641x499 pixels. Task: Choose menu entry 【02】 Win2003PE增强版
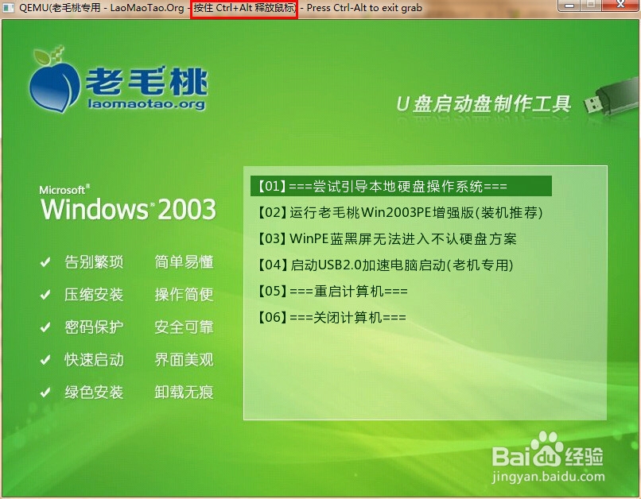coord(400,212)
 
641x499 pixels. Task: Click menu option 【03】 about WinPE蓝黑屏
coord(387,238)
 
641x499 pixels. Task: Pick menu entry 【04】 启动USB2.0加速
coord(386,265)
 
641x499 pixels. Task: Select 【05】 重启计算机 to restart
coord(332,291)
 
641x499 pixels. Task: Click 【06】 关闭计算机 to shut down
coord(332,317)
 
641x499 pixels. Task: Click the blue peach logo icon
coord(54,82)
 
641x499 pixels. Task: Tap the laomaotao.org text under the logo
coord(146,104)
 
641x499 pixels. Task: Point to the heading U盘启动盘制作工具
coord(484,104)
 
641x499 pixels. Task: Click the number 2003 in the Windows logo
coord(187,209)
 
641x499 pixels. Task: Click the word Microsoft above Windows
coord(62,190)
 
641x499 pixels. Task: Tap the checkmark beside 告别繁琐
coord(45,261)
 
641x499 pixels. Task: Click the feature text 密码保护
coord(94,327)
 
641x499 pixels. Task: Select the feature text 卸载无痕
coord(184,393)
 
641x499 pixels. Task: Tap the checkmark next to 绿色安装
coord(45,393)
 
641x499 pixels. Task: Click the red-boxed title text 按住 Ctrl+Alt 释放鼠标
coord(244,8)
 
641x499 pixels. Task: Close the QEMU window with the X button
coord(620,5)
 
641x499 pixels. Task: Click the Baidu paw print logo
coord(546,450)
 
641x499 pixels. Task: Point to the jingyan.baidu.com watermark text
coord(548,477)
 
